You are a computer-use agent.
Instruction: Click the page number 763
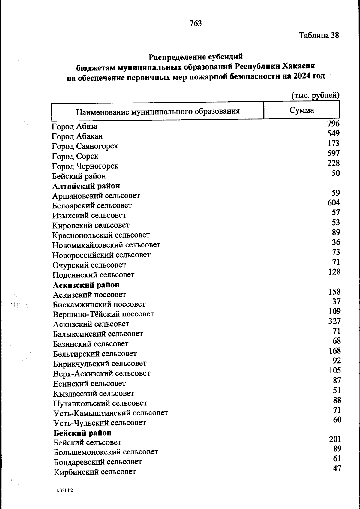[x=196, y=23]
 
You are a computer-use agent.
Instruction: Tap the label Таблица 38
[x=319, y=35]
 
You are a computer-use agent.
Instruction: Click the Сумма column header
[x=302, y=110]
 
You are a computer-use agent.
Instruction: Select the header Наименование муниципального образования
[x=158, y=112]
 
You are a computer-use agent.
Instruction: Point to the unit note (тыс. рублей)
[x=316, y=95]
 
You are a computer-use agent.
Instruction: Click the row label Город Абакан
[x=77, y=136]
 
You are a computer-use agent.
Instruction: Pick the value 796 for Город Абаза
[x=334, y=124]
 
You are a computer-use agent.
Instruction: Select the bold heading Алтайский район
[x=86, y=186]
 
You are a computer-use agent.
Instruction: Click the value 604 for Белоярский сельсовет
[x=334, y=203]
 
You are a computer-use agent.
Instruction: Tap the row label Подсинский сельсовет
[x=94, y=275]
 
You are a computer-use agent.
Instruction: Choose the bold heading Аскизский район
[x=86, y=285]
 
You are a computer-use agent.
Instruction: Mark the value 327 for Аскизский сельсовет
[x=334, y=321]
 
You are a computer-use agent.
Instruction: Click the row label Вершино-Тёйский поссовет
[x=103, y=314]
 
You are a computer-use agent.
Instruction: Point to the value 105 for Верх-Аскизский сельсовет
[x=335, y=370]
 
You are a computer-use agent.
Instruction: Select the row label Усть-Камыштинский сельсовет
[x=111, y=413]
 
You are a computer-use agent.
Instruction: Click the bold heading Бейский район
[x=82, y=433]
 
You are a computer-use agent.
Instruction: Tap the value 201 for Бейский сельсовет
[x=335, y=439]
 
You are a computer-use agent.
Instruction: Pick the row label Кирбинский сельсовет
[x=95, y=472]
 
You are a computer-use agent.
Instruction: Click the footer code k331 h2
[x=65, y=491]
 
